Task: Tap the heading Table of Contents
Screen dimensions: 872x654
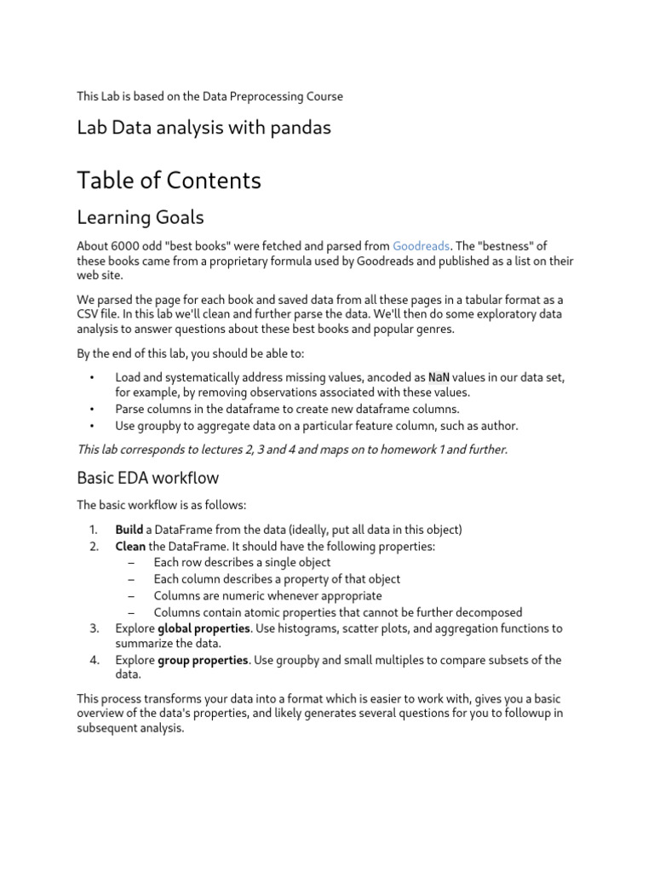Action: point(169,181)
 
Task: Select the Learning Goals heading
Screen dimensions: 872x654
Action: point(140,218)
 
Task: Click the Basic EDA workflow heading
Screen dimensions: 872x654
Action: point(147,477)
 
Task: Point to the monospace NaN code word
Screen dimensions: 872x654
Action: point(439,377)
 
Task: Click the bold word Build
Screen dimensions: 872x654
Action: point(129,530)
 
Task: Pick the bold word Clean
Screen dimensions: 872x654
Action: point(130,547)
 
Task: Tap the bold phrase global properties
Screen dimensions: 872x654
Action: point(204,628)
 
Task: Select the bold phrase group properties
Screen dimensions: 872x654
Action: point(204,660)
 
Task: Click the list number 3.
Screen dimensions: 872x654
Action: point(94,628)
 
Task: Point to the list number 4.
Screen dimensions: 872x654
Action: point(94,660)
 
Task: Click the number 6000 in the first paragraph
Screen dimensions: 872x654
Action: point(127,246)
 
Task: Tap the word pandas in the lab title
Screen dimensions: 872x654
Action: point(298,128)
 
